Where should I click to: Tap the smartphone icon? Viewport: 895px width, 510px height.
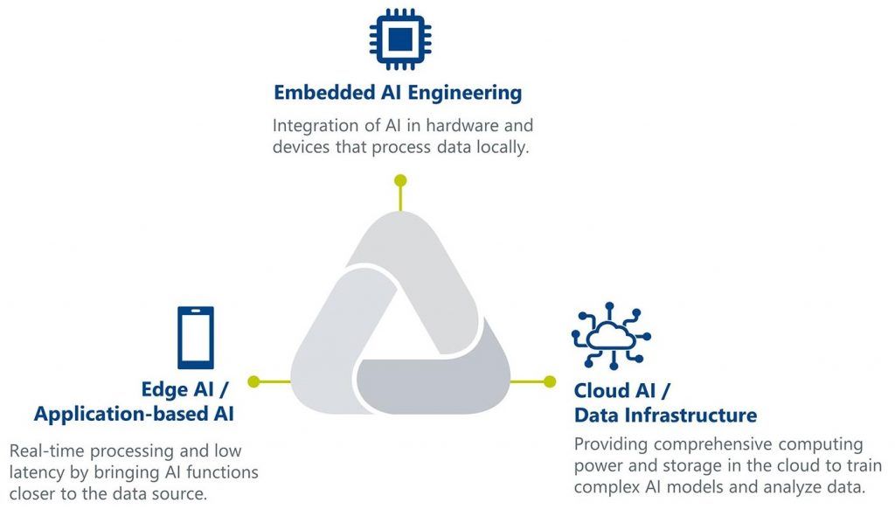pos(195,337)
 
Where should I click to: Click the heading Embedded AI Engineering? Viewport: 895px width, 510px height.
pos(398,92)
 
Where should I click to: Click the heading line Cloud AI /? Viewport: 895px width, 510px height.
pos(621,389)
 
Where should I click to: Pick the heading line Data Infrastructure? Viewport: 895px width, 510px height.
pos(665,415)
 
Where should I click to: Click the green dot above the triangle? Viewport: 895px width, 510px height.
pos(400,181)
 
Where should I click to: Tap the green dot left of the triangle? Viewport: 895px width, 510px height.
pos(254,381)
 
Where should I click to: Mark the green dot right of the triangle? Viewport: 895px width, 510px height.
pos(549,381)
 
